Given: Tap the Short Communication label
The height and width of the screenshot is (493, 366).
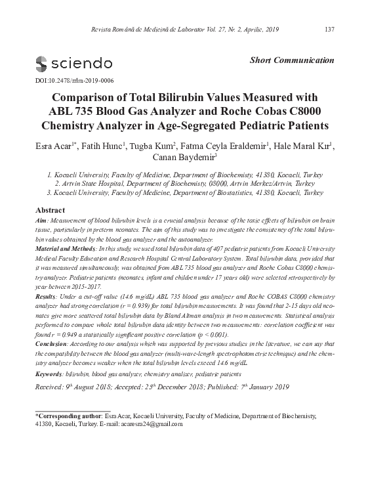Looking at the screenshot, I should tap(293, 60).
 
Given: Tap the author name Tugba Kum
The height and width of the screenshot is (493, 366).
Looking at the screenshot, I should tap(153, 146).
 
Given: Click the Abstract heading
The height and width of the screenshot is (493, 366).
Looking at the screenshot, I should tap(49, 210).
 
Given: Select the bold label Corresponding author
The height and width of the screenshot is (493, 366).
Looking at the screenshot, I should tap(68, 416).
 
